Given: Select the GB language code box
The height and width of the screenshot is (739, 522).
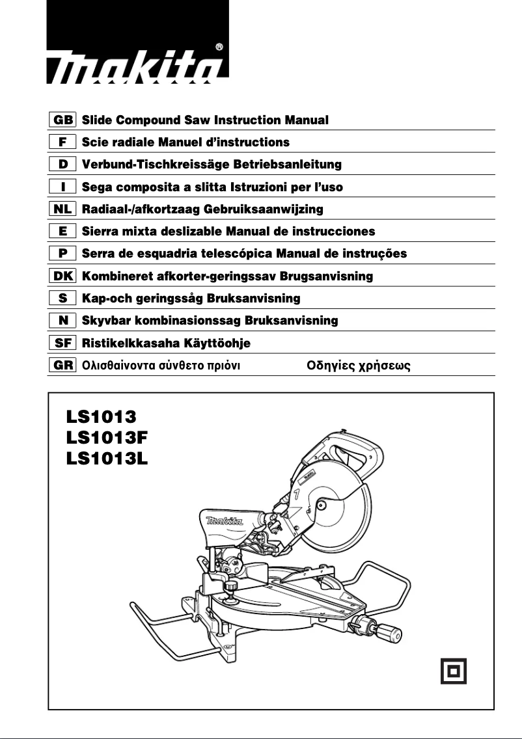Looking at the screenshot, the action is coord(63,120).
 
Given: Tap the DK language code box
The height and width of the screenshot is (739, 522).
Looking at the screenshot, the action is coord(63,276).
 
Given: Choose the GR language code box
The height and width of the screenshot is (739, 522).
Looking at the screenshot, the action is coord(63,365).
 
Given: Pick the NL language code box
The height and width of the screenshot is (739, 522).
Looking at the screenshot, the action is coord(63,209).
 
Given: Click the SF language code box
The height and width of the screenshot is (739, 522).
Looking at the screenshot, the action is coord(63,343).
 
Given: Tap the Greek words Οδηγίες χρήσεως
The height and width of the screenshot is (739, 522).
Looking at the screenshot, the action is coord(358,365).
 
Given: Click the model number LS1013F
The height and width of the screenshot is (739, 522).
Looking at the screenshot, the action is coord(107,437).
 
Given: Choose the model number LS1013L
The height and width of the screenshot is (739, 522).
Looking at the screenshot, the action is coord(107,459).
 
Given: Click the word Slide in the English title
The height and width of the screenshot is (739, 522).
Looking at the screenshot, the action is coord(97,120).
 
